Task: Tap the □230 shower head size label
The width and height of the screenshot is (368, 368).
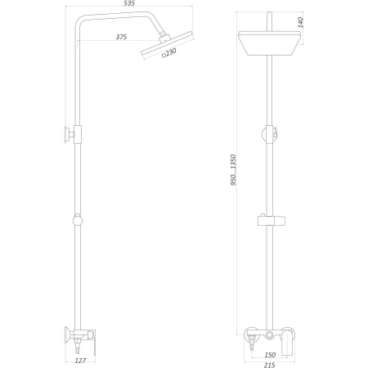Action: (x=168, y=55)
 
